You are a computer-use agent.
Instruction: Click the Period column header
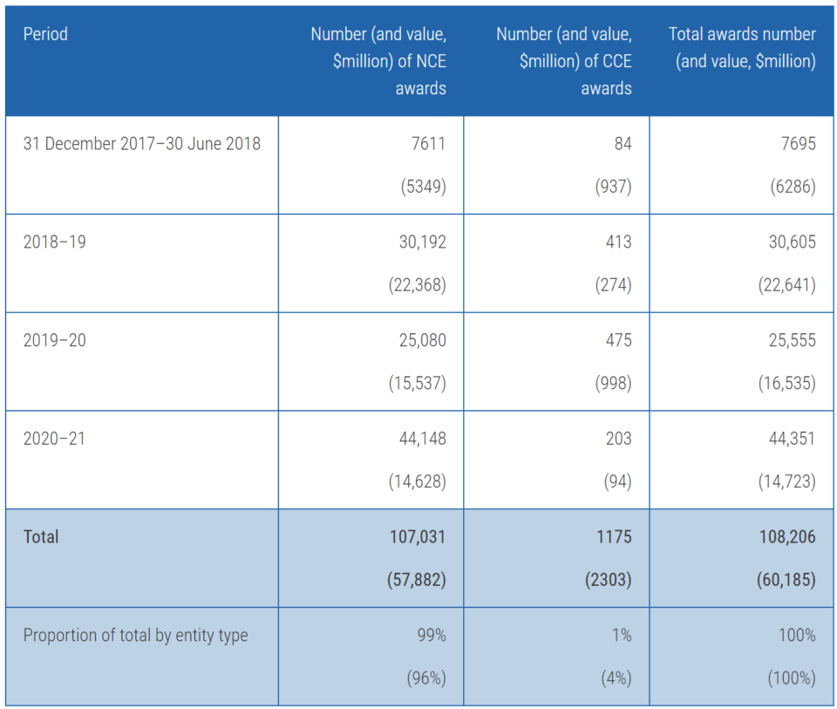tap(45, 35)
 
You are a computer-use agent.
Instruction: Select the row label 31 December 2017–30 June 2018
tap(141, 144)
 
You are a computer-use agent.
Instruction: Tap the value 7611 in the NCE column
tap(427, 144)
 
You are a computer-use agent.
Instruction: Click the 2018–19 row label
tap(54, 242)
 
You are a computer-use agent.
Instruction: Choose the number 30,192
tap(422, 242)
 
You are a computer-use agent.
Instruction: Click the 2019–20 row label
tap(54, 340)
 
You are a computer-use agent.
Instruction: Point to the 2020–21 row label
tap(54, 439)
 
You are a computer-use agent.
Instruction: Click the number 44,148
tap(422, 439)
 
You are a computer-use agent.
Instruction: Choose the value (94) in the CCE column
tap(616, 481)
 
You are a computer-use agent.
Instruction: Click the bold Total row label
tap(41, 537)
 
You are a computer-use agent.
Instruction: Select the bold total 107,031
tap(417, 537)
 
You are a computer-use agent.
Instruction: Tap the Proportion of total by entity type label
tap(135, 636)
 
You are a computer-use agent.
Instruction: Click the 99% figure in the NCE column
tap(431, 636)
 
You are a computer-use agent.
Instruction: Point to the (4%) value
tap(616, 678)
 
